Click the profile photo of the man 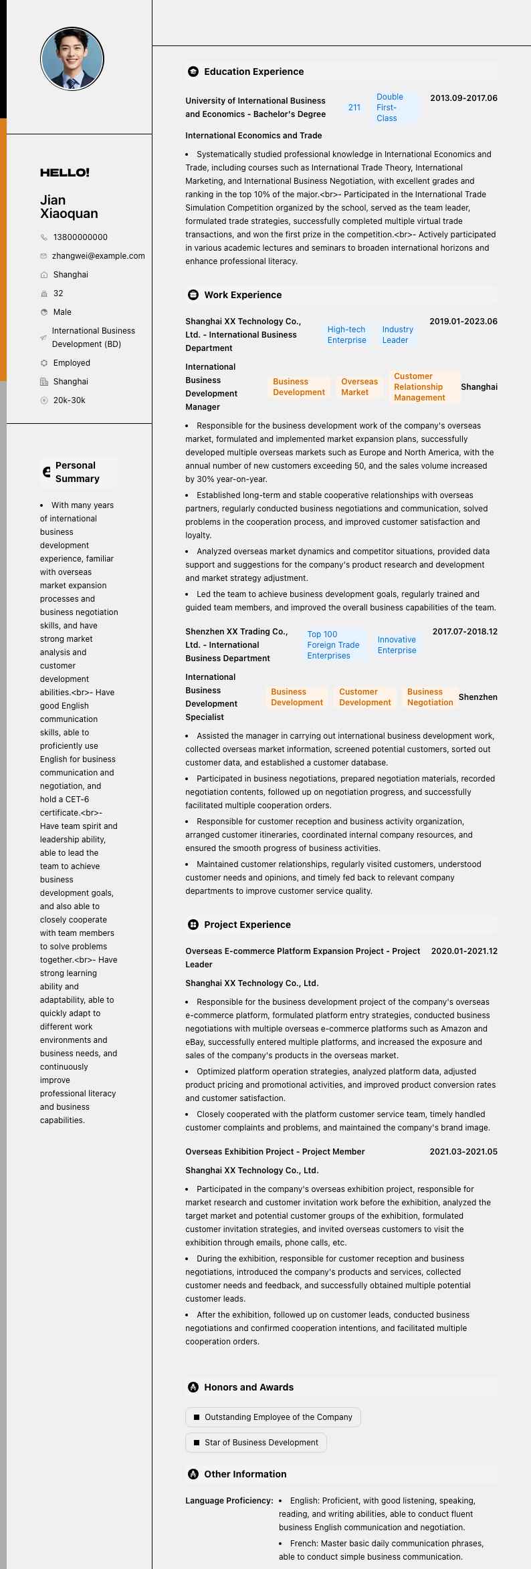coord(72,59)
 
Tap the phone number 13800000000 coord(80,237)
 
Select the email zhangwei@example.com coord(98,256)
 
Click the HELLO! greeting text coord(65,172)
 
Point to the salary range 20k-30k coord(69,400)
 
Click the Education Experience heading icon coord(193,72)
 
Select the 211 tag coord(354,108)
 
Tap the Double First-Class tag coord(390,108)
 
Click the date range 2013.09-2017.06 coord(463,98)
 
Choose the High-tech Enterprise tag coord(346,335)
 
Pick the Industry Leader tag coord(397,335)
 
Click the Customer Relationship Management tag coord(419,387)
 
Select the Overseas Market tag coord(359,387)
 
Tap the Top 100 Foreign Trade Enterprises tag coord(333,645)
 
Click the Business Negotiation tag coord(430,697)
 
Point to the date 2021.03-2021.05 coord(463,1152)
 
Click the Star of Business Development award coord(256,1443)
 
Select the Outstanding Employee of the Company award coord(273,1417)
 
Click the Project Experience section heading coord(247,925)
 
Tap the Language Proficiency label coord(229,1501)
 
